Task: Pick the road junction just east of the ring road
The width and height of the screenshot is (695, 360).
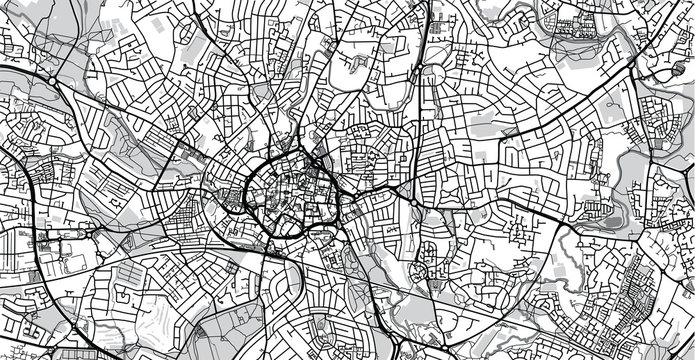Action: coord(345,195)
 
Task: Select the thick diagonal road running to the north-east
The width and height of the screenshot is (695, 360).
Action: coord(520,130)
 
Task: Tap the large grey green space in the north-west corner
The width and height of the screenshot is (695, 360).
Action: coord(40,40)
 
